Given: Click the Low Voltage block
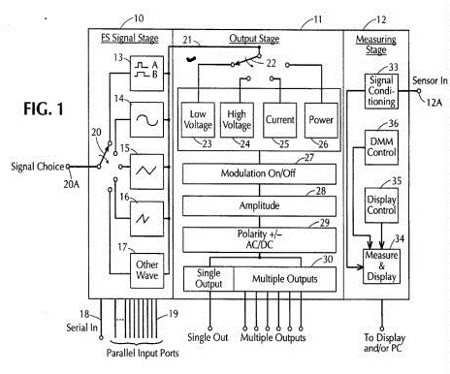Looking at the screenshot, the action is coord(198,120).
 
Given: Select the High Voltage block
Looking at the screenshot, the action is coord(237,120).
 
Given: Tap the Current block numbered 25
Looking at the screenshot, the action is coord(279,120).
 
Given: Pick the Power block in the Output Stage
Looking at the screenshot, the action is coord(321,120).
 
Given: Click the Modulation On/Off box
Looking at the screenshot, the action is coord(259,173).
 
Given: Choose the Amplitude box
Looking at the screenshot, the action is coord(259,206).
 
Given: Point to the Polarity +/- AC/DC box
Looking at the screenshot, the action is coord(259,239).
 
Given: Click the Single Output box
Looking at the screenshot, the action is coord(209,279).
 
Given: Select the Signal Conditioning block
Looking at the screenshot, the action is coord(381,91).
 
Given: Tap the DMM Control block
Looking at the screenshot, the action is coord(381,147).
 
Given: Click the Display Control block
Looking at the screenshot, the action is coord(381,205).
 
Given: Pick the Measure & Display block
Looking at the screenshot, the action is coord(381,266).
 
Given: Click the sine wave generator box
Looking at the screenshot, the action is coord(146,120).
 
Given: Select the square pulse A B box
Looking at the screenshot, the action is coord(146,74).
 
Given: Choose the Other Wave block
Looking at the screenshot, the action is coord(146,270).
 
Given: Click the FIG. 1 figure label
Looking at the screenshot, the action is coord(44,109).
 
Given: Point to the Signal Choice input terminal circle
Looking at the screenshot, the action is coord(68,167).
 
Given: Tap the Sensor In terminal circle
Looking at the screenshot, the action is coord(419,91).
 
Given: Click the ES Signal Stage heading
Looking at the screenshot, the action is coord(130,38).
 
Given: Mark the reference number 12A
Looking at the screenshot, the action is coord(434,103).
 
